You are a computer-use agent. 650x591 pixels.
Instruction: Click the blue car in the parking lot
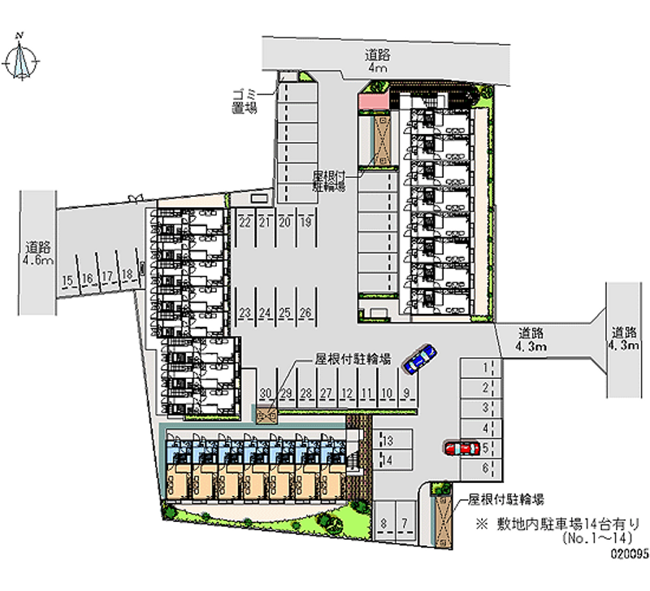click(418, 358)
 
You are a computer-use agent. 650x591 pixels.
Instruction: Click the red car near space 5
click(461, 448)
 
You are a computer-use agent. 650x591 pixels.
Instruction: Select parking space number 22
click(245, 221)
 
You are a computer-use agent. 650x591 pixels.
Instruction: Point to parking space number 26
click(305, 312)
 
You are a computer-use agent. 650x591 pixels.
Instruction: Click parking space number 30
click(265, 393)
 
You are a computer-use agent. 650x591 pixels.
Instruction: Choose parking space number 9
click(405, 393)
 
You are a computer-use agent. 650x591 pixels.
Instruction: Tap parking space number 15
click(68, 281)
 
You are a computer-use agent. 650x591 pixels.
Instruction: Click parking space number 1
click(485, 367)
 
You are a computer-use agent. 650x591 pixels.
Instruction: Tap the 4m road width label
click(377, 70)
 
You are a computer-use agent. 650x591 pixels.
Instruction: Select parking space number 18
click(127, 276)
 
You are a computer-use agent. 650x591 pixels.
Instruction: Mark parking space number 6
click(485, 467)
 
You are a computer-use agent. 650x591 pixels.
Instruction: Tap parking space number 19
click(305, 221)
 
